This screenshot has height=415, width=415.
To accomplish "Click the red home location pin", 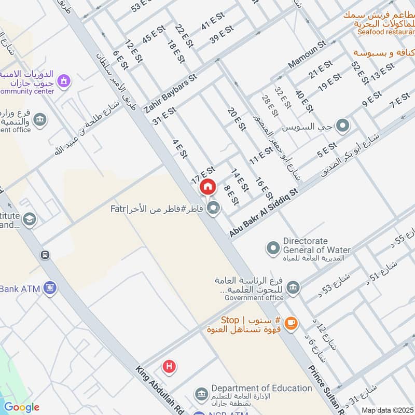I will (208, 187).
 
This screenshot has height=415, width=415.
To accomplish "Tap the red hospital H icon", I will (169, 367).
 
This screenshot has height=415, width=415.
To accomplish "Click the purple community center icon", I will (64, 81).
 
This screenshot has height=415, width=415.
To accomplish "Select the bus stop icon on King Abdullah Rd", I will (45, 255).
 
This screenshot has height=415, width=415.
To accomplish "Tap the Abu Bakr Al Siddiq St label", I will (264, 213).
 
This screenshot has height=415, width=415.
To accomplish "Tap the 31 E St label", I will (165, 116).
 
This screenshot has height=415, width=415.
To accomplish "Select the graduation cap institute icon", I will (30, 219).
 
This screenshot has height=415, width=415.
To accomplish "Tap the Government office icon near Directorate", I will (293, 287).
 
